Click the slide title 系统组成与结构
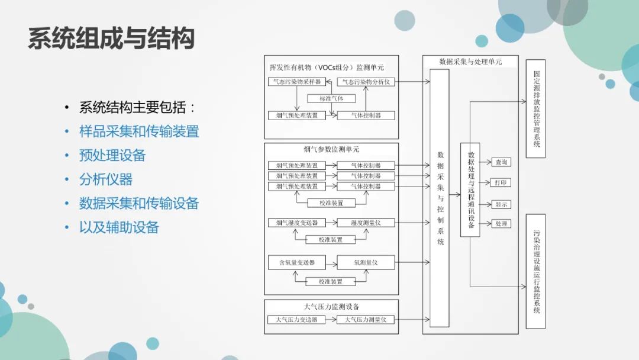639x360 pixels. [111, 38]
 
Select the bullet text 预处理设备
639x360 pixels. [112, 155]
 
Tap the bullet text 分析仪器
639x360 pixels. [106, 179]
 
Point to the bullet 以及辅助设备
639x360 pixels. [119, 227]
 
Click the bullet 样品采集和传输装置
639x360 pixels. [139, 131]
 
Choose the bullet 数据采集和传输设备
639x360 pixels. [139, 203]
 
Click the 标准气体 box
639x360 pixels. [331, 98]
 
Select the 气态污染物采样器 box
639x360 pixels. [294, 82]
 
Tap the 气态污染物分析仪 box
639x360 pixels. [366, 82]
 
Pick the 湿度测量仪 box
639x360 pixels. [366, 223]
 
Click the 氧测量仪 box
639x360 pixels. [366, 262]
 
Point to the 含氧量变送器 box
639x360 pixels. [297, 262]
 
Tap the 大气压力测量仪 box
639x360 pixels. [366, 320]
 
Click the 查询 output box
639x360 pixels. [501, 162]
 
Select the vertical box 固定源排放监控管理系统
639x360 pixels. [535, 108]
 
